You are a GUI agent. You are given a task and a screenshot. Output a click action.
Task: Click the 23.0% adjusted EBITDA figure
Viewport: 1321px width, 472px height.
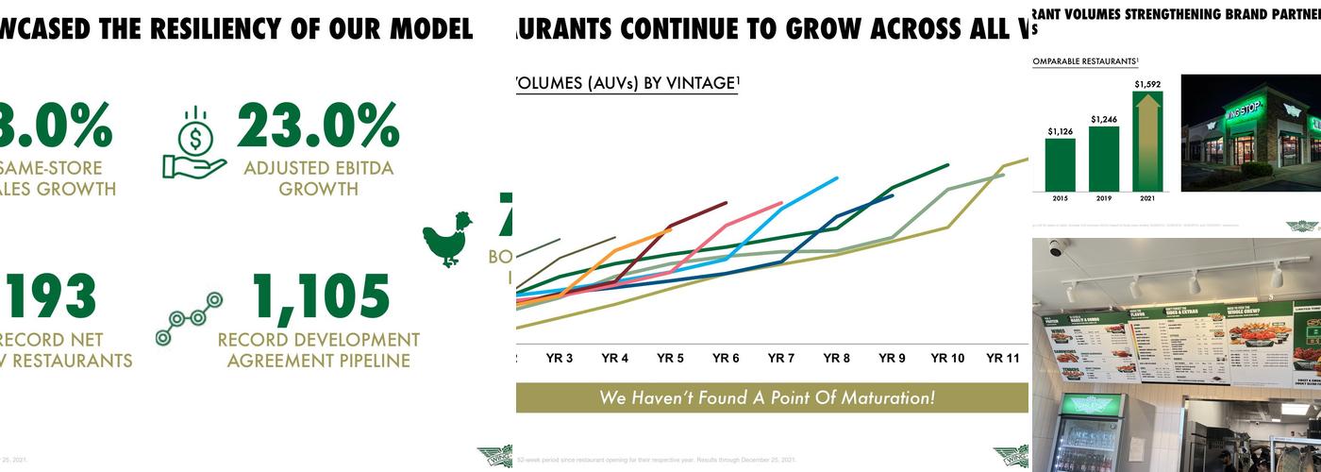coord(318,125)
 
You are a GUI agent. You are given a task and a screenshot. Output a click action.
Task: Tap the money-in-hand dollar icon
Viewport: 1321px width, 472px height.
coord(194,143)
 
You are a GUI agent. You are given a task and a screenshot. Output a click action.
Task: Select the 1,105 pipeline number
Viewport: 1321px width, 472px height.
coord(321,296)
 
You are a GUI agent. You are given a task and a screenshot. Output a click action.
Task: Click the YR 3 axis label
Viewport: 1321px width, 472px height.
coord(560,359)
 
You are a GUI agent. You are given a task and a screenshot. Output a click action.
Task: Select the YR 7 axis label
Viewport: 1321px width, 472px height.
coord(780,359)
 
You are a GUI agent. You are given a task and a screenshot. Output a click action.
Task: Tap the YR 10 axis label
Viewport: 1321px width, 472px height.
coord(947,359)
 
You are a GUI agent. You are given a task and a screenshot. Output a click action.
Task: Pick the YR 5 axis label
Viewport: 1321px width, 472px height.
coord(670,359)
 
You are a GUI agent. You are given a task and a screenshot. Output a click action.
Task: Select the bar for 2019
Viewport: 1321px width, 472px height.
coord(1104,158)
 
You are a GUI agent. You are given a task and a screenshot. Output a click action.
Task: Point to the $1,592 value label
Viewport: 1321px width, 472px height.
coord(1147,84)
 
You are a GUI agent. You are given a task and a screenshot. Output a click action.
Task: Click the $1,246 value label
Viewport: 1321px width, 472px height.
coord(1104,119)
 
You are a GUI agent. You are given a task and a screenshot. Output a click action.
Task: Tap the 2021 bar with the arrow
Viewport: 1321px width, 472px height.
coord(1147,142)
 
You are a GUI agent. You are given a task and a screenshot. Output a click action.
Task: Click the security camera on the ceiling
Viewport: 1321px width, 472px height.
coord(1056,249)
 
